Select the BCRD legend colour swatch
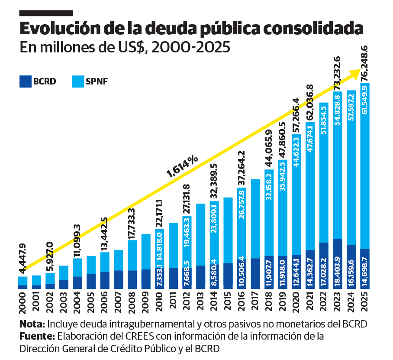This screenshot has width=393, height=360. pyautogui.click(x=26, y=81)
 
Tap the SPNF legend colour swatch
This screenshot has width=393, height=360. pyautogui.click(x=79, y=81)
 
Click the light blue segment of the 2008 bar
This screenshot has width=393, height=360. pyautogui.click(x=132, y=255)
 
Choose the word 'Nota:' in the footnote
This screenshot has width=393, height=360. pyautogui.click(x=32, y=324)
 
